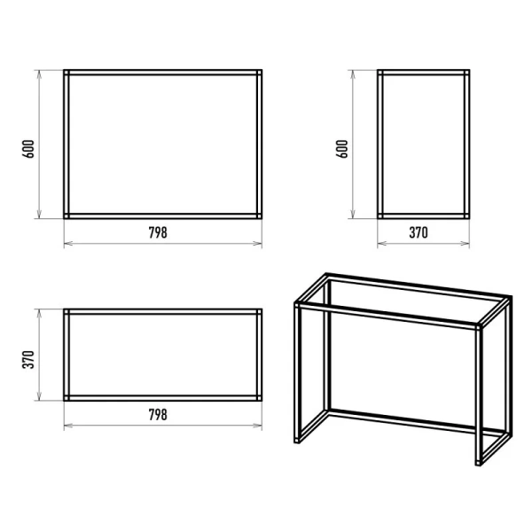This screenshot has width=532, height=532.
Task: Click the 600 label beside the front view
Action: tap(28, 149)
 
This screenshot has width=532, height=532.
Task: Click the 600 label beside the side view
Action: tap(342, 149)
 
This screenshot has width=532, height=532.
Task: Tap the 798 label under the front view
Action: tap(158, 232)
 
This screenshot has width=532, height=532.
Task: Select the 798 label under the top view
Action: tap(158, 415)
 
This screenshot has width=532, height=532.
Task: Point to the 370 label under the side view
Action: tap(419, 232)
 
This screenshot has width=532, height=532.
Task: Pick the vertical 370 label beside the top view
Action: tap(28, 360)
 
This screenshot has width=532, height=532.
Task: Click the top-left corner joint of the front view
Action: tap(66, 73)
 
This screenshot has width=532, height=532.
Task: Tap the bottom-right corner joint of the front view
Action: tap(260, 216)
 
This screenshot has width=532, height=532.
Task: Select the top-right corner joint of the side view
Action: tap(467, 73)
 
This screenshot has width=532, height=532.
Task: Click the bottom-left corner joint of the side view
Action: tap(380, 216)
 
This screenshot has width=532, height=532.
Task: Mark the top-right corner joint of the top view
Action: tap(260, 311)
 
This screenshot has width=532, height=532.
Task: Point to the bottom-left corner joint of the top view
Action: tap(66, 398)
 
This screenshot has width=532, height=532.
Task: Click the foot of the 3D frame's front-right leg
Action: tap(479, 463)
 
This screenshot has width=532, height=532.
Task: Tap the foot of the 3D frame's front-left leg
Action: tap(297, 441)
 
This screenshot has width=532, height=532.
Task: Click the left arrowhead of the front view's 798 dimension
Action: tap(68, 243)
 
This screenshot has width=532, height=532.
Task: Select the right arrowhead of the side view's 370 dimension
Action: tap(465, 243)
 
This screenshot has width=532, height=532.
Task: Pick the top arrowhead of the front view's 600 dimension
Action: tap(39, 74)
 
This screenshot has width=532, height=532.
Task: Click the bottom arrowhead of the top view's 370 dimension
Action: tap(39, 396)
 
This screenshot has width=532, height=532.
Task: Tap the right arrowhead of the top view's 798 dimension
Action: tap(258, 425)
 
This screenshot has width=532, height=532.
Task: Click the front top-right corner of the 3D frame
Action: tap(479, 327)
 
